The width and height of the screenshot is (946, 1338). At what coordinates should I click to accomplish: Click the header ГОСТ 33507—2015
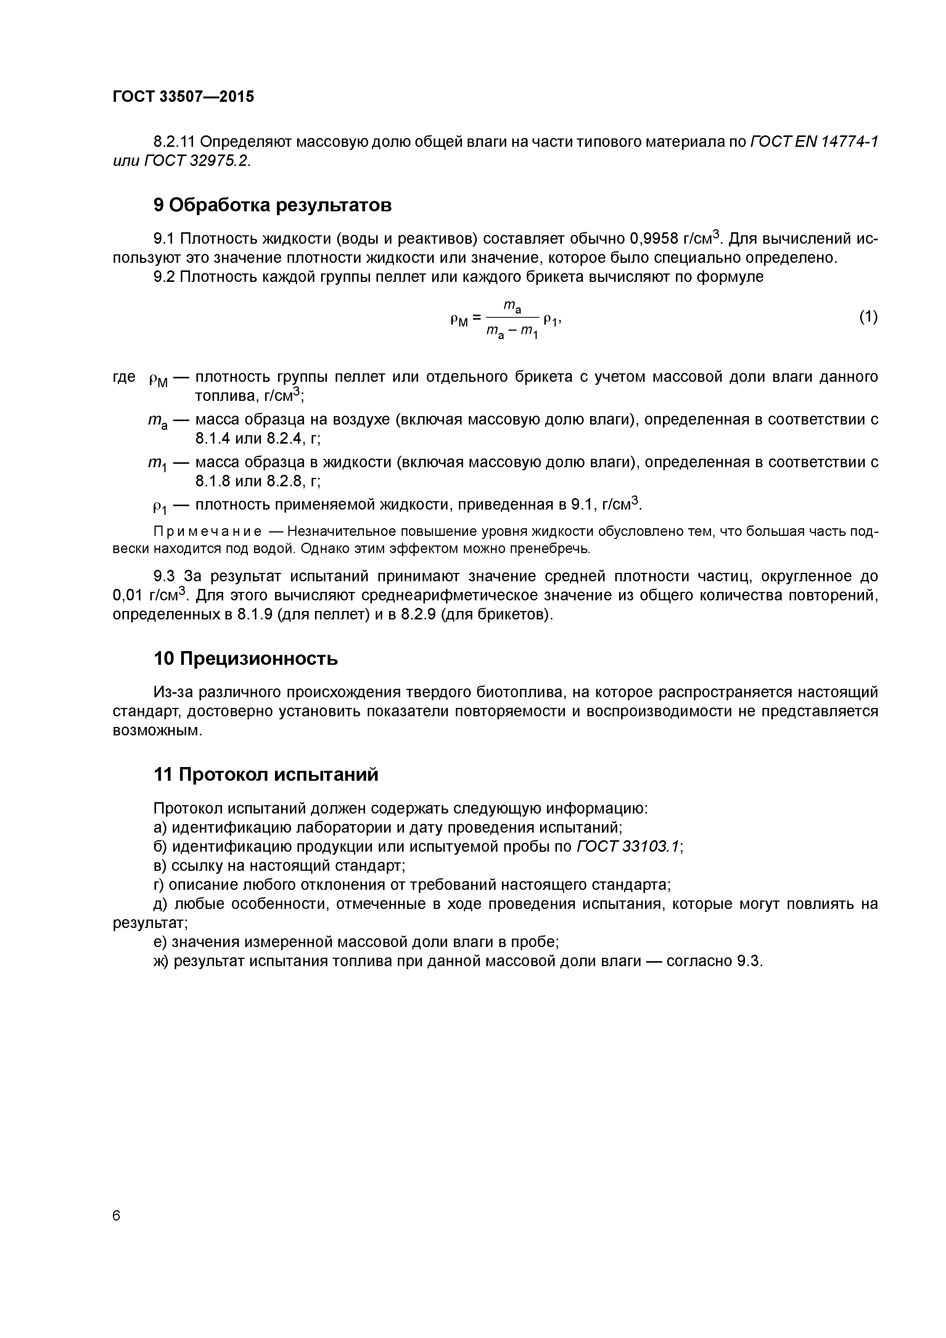[x=183, y=97]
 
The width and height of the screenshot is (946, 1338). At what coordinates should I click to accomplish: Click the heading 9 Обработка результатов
[x=272, y=205]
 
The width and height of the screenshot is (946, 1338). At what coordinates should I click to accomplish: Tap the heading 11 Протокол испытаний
[x=266, y=775]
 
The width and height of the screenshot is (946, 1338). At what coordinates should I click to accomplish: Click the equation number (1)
[x=868, y=317]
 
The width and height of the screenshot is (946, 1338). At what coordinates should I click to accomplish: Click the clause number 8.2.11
[x=175, y=142]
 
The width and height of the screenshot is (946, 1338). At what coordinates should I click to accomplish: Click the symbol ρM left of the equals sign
[x=459, y=319]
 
